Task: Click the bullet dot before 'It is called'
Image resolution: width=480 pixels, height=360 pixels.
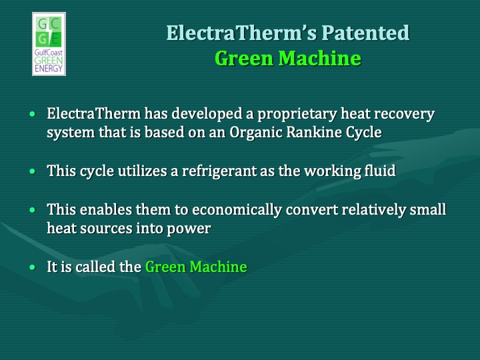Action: pyautogui.click(x=33, y=268)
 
